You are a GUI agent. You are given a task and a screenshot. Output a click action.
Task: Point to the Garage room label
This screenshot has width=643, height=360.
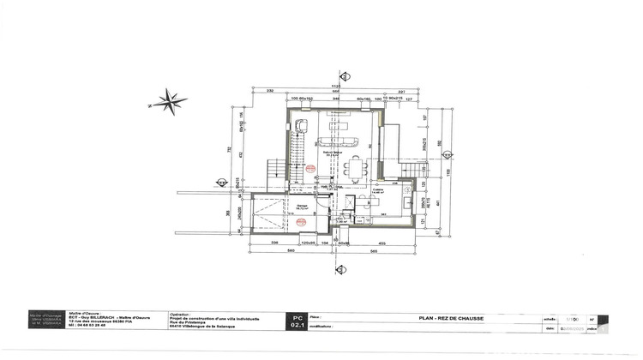tap(302, 206)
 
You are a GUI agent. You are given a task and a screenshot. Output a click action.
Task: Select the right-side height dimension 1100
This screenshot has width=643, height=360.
tap(447, 171)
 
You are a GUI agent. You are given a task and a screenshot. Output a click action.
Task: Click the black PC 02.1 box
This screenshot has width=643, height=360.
tap(297, 321)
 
